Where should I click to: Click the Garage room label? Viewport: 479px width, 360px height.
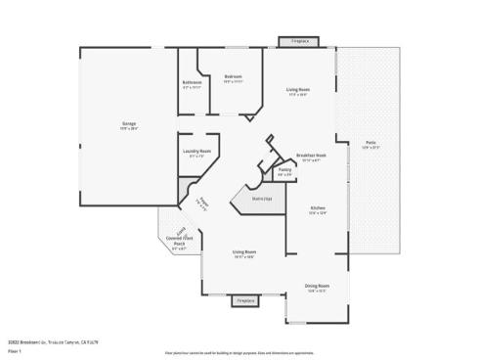click(x=128, y=123)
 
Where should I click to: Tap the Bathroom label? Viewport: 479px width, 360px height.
click(x=192, y=82)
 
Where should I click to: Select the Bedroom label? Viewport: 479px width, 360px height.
click(x=233, y=76)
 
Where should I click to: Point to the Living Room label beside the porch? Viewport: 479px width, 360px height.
click(x=244, y=251)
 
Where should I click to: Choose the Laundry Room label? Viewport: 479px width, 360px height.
click(x=196, y=151)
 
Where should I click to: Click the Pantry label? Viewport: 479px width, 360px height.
click(x=284, y=170)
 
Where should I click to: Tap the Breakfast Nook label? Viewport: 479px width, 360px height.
click(x=311, y=156)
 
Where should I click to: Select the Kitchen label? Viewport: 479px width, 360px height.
click(x=318, y=208)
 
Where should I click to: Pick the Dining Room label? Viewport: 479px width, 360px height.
click(x=317, y=286)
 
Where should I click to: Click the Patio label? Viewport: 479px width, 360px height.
click(x=370, y=142)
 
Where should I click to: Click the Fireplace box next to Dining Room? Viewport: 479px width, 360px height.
click(x=245, y=300)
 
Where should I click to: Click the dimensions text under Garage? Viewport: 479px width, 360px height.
click(x=128, y=128)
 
